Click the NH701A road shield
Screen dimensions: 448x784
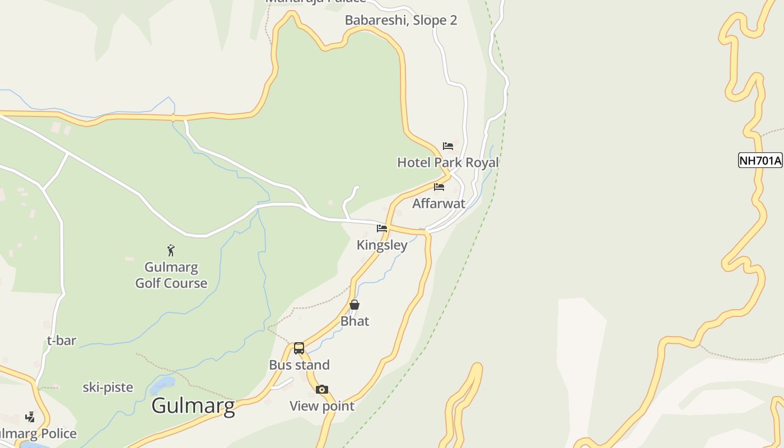(x=760, y=161)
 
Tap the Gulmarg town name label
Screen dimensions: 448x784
(x=193, y=405)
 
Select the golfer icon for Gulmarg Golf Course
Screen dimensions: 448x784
(x=171, y=250)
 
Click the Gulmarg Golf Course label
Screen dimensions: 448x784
(x=171, y=275)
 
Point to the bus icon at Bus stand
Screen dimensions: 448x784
(x=299, y=348)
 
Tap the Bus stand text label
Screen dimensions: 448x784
(x=299, y=365)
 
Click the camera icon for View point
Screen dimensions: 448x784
(x=321, y=389)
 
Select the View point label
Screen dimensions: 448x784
(x=322, y=406)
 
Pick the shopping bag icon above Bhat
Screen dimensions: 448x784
(x=354, y=305)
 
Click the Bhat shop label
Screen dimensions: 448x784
(x=355, y=321)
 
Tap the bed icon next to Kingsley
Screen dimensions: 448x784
(x=382, y=228)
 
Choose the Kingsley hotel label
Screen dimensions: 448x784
(x=382, y=245)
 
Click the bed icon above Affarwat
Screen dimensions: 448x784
(x=439, y=186)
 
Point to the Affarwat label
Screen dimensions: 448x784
(x=439, y=203)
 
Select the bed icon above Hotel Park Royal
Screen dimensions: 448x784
(x=448, y=146)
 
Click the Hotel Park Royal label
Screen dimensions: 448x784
(x=448, y=162)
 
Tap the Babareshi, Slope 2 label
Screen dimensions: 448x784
(x=401, y=21)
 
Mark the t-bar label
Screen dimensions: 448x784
(x=62, y=340)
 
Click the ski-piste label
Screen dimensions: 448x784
(x=108, y=388)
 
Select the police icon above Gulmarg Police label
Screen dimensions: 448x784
(x=30, y=417)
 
